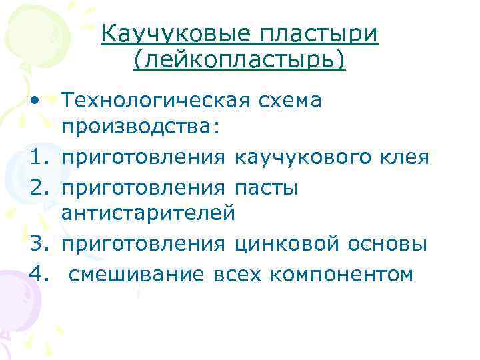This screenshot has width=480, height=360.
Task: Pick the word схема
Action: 290,101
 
